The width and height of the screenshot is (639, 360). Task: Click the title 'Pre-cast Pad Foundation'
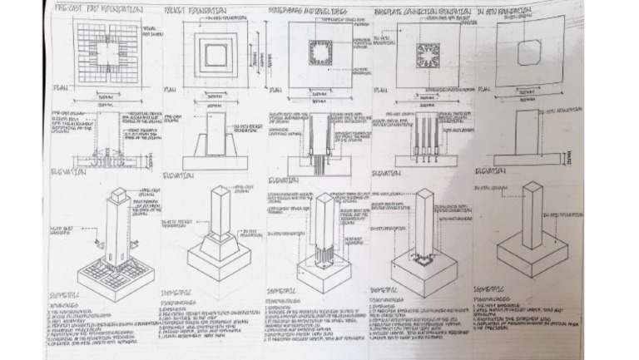(97, 10)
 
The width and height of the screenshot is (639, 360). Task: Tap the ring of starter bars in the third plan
(320, 53)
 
